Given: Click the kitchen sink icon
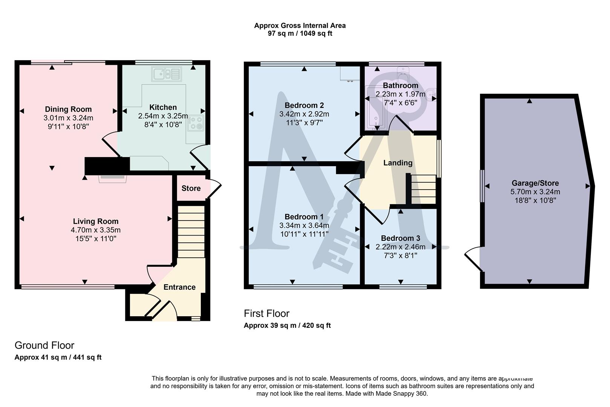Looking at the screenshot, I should (167, 74).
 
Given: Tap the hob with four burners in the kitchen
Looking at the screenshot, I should (196, 123).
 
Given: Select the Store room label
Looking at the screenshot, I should (191, 188).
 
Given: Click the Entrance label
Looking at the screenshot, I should (179, 287).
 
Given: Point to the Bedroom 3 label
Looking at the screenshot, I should (400, 238).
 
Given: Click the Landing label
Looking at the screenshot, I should (397, 163).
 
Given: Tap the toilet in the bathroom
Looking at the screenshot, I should (404, 73).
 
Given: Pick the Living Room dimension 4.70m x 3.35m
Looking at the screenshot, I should (96, 230).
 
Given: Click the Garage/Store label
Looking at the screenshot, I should (535, 183).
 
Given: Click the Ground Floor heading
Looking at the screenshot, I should (44, 345).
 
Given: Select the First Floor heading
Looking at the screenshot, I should (266, 314).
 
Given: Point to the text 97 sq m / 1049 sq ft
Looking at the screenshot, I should (300, 34).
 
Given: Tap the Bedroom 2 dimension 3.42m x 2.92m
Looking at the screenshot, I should (304, 114).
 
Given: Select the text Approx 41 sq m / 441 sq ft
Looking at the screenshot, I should (58, 357).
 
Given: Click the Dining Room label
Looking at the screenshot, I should (68, 109).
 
